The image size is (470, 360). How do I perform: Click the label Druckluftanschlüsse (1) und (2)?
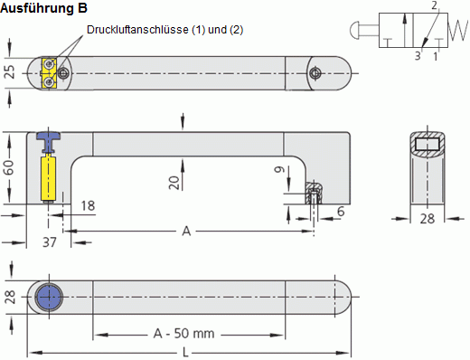click(x=165, y=30)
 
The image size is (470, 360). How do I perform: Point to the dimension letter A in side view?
click(x=187, y=232)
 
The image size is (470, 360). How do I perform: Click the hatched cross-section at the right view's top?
click(x=428, y=142)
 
